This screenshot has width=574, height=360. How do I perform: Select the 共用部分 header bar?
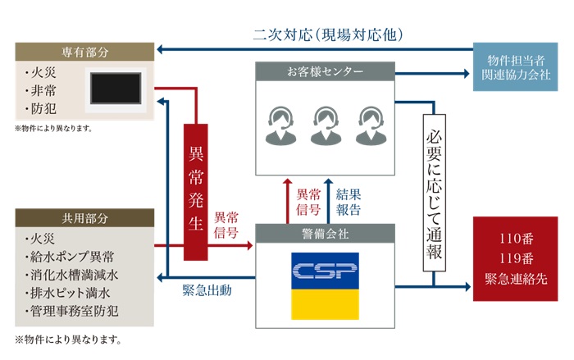pos(84,219)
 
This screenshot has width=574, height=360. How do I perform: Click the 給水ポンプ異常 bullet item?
pos(74,257)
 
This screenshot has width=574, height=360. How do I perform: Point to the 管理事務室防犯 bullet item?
pos(74,312)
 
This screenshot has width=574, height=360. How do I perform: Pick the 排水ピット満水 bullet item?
pos(68,293)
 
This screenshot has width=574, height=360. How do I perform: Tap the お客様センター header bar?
pos(325,72)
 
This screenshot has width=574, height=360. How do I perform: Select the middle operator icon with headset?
pos(326,124)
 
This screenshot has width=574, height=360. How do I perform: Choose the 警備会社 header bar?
pos(325,234)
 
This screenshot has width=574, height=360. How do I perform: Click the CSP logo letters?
pos(325,271)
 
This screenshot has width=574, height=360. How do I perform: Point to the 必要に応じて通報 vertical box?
pos(434,189)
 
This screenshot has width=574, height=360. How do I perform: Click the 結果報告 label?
pos(348,202)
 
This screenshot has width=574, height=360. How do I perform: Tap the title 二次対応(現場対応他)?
pos(327,34)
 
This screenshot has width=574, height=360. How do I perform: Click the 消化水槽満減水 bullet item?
pos(74,275)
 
